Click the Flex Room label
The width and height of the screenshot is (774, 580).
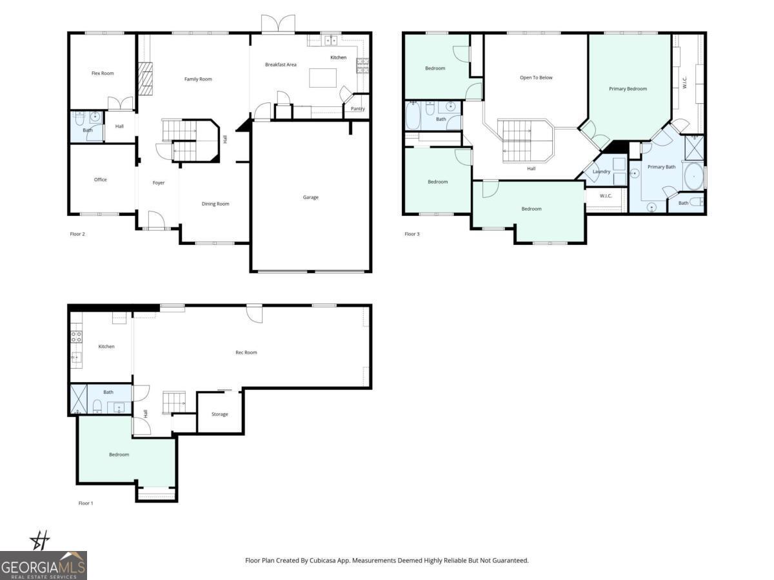103,73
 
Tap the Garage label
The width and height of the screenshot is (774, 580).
311,197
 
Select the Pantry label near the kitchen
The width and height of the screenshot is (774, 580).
357,109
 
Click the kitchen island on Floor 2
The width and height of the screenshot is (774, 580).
322,78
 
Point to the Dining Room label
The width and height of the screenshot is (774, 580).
215,204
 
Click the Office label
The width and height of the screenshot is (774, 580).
100,180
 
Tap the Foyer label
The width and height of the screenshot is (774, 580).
159,183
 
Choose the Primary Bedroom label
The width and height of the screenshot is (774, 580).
628,89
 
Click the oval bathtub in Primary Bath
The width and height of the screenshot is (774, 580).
694,176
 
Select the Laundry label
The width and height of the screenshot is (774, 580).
601,171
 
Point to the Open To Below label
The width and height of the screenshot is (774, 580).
536,78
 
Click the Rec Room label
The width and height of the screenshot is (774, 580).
246,353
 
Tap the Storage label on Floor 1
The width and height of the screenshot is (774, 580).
220,414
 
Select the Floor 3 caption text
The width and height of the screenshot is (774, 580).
412,234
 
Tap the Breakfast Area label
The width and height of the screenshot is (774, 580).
281,64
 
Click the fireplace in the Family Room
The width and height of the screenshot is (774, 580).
146,79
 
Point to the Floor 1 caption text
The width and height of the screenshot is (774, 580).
86,503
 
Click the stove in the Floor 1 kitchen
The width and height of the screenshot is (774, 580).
76,336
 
